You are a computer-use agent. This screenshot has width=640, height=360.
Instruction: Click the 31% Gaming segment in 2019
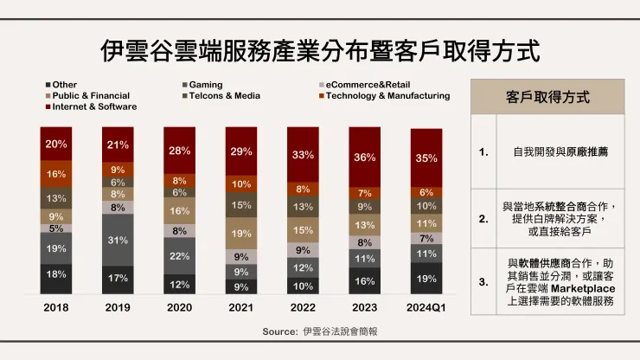coord(118,240)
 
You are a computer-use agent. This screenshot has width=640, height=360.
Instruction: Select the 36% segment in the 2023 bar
coord(364,157)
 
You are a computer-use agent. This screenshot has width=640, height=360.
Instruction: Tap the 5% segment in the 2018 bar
coord(56,229)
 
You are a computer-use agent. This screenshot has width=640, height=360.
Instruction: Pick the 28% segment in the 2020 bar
coord(180,151)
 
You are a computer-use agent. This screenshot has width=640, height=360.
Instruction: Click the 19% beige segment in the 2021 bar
coord(241,233)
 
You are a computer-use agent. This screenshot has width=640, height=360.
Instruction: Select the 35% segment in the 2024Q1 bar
coord(426,157)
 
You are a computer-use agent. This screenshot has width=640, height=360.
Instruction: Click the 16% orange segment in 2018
coord(56,174)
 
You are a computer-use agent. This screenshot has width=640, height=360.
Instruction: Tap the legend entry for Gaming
coord(205,84)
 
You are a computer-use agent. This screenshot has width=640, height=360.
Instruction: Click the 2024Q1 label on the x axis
coord(426,308)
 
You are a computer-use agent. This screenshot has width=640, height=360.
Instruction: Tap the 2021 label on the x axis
coord(241,308)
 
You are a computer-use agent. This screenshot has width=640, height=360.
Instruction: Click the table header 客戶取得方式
coord(547,98)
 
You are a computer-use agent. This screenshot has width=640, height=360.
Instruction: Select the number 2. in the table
coord(484,220)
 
